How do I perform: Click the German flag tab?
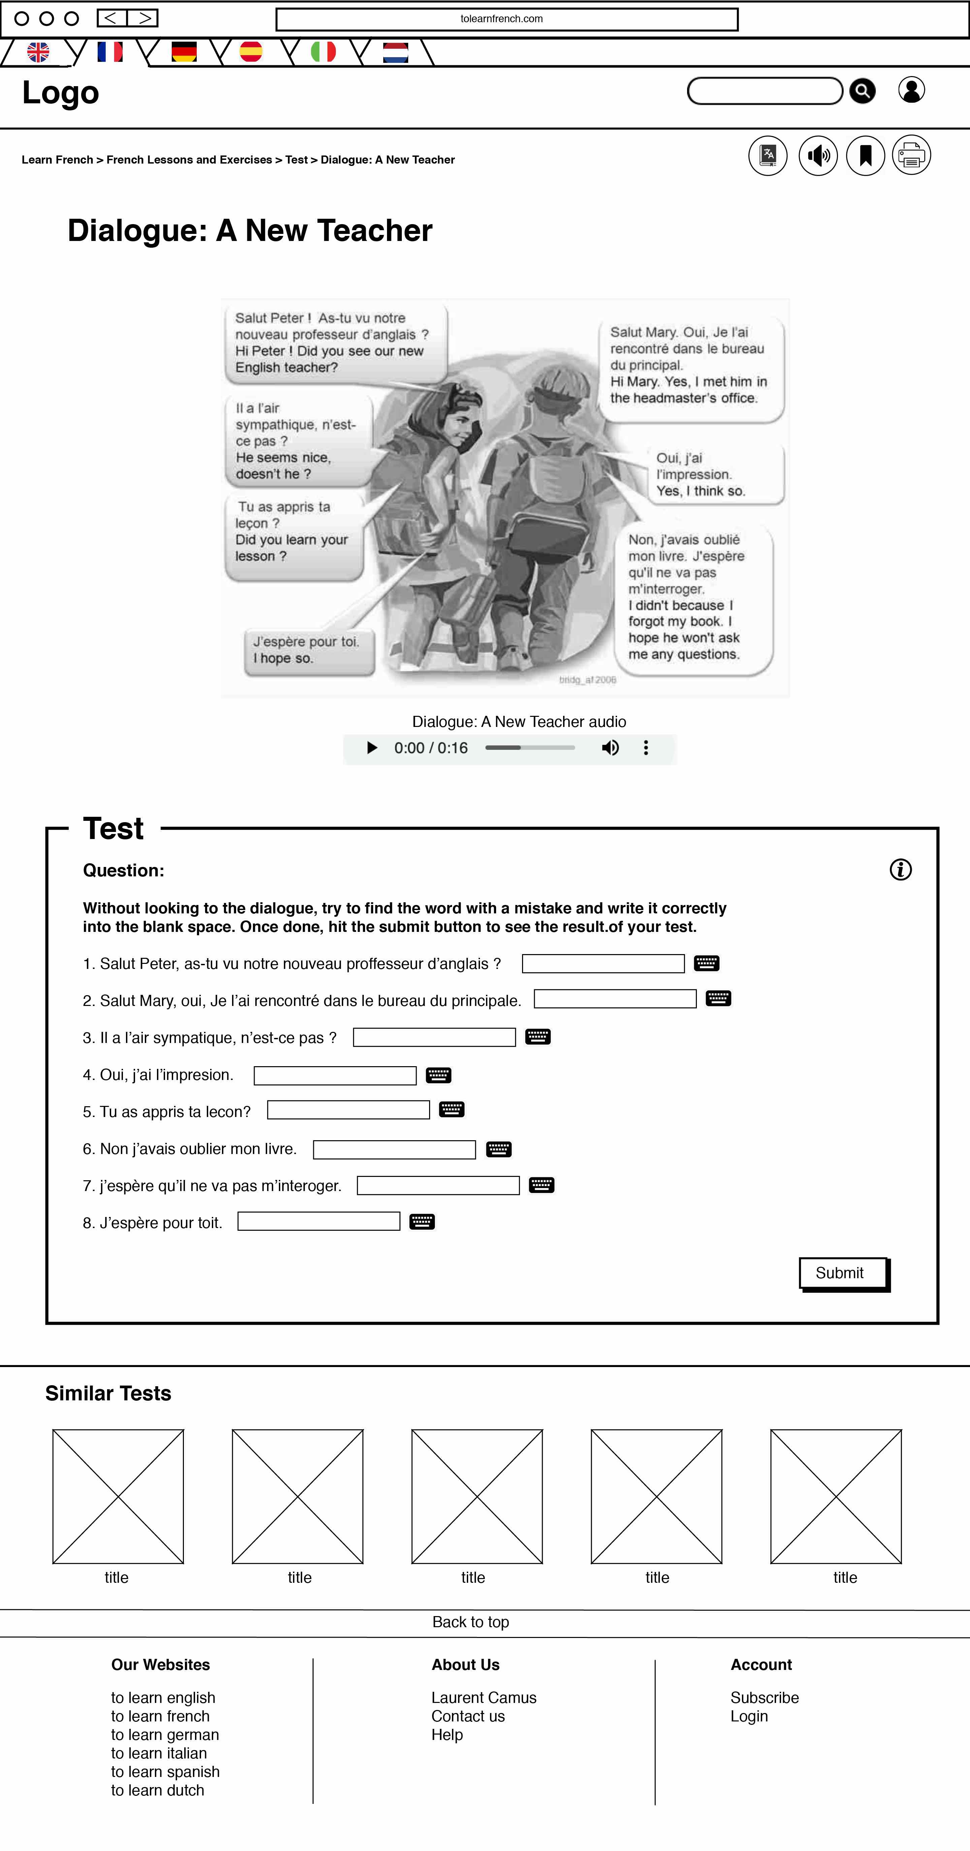[184, 52]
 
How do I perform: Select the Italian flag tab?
[323, 52]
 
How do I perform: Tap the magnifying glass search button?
[862, 91]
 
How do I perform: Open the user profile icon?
[911, 91]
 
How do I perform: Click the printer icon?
[911, 155]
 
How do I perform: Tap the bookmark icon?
[865, 155]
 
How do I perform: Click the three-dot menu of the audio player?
[646, 748]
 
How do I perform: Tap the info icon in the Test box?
[900, 869]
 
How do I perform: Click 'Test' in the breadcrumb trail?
[296, 160]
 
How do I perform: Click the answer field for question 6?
[394, 1150]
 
